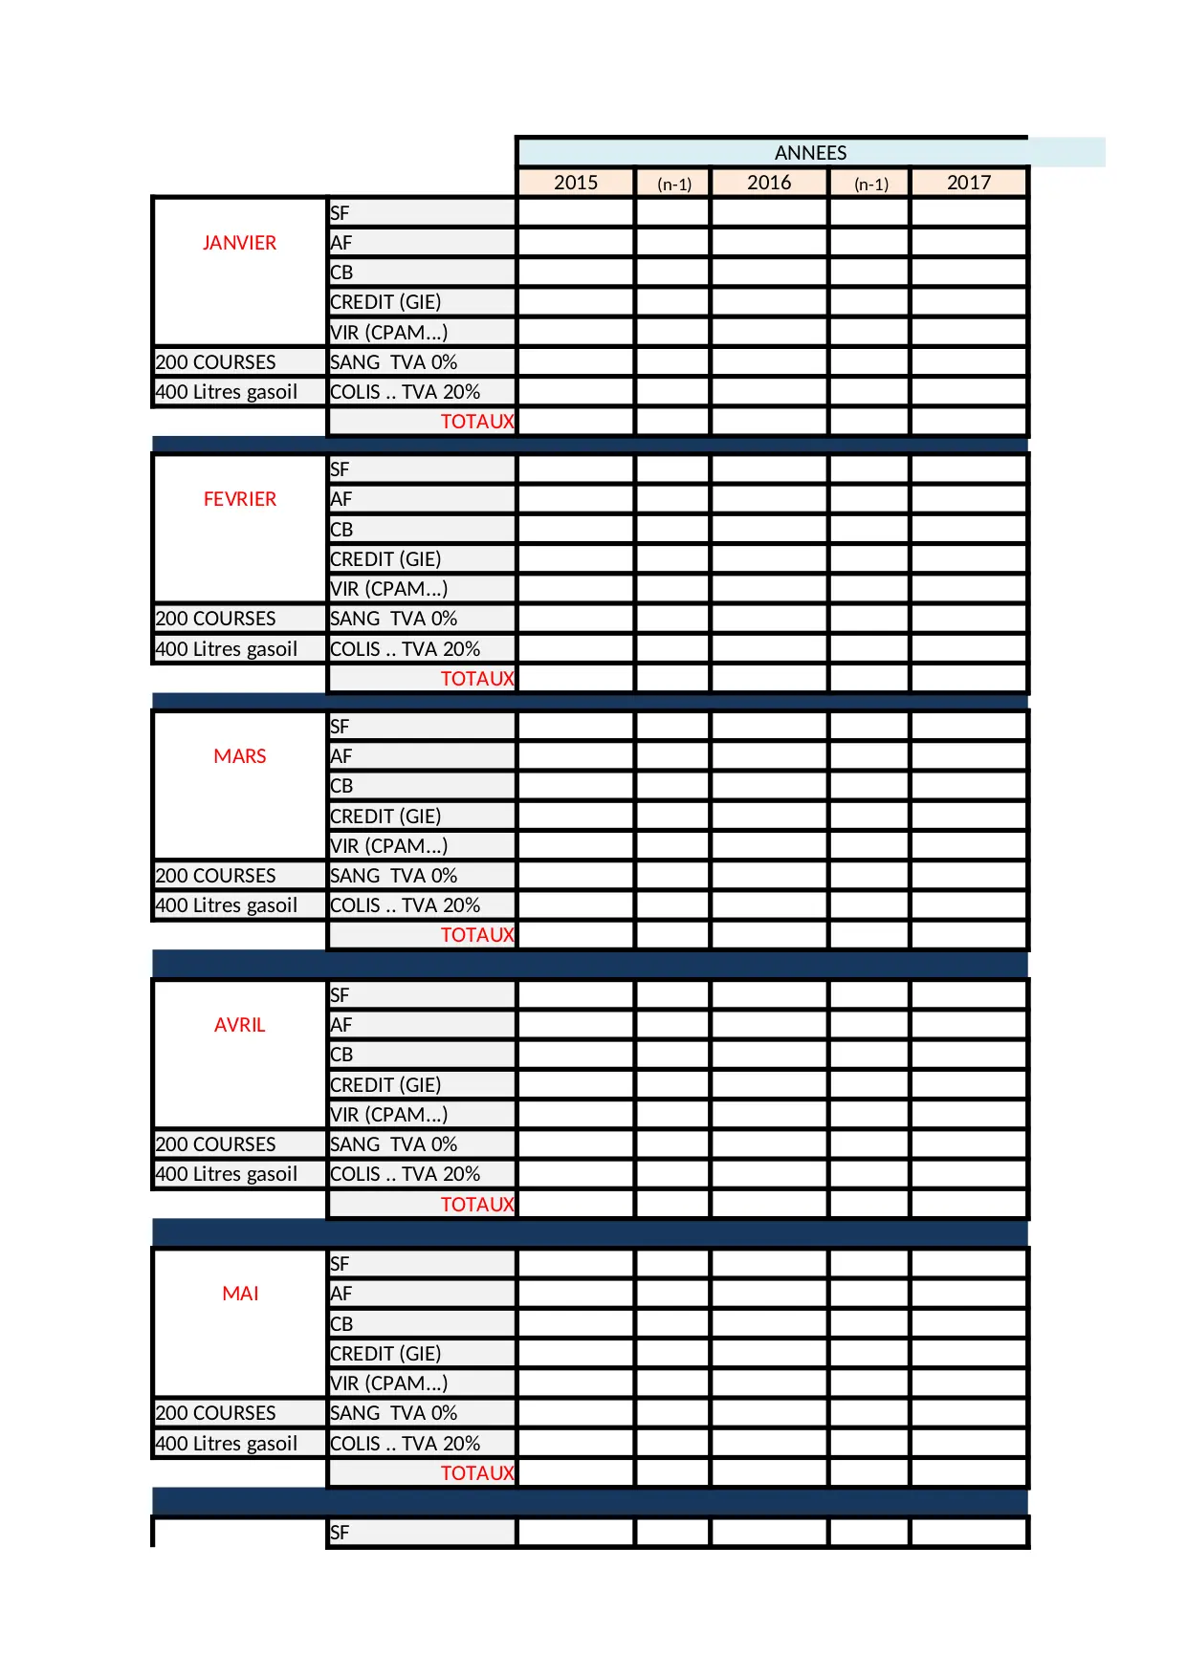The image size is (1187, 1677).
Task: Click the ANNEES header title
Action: [x=810, y=153]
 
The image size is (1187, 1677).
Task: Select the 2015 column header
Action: [x=576, y=183]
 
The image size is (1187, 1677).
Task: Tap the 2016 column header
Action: [x=769, y=183]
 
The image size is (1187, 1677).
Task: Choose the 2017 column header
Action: [x=969, y=183]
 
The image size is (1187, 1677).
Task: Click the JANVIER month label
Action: [x=239, y=243]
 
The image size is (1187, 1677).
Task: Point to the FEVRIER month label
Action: [x=240, y=499]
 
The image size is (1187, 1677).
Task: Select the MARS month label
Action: [x=240, y=756]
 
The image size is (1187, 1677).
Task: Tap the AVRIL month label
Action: [x=240, y=1025]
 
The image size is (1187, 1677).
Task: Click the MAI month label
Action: [x=240, y=1294]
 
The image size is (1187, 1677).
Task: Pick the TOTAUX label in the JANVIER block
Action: [x=476, y=422]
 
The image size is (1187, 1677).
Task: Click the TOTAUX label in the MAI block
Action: [x=476, y=1473]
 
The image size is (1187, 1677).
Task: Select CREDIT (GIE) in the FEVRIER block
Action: [x=385, y=559]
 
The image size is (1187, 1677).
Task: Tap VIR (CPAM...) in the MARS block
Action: [x=388, y=846]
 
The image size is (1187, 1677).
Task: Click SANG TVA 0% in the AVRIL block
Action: [x=393, y=1144]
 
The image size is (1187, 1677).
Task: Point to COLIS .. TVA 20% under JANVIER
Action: [x=405, y=392]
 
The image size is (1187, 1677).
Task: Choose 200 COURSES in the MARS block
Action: [x=216, y=876]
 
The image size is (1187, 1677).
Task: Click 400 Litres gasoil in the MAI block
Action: [x=227, y=1444]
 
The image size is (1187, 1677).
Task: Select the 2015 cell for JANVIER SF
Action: [x=576, y=212]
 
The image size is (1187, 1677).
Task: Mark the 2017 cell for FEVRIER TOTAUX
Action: [x=969, y=679]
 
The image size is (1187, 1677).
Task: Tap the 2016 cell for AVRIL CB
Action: [x=769, y=1055]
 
